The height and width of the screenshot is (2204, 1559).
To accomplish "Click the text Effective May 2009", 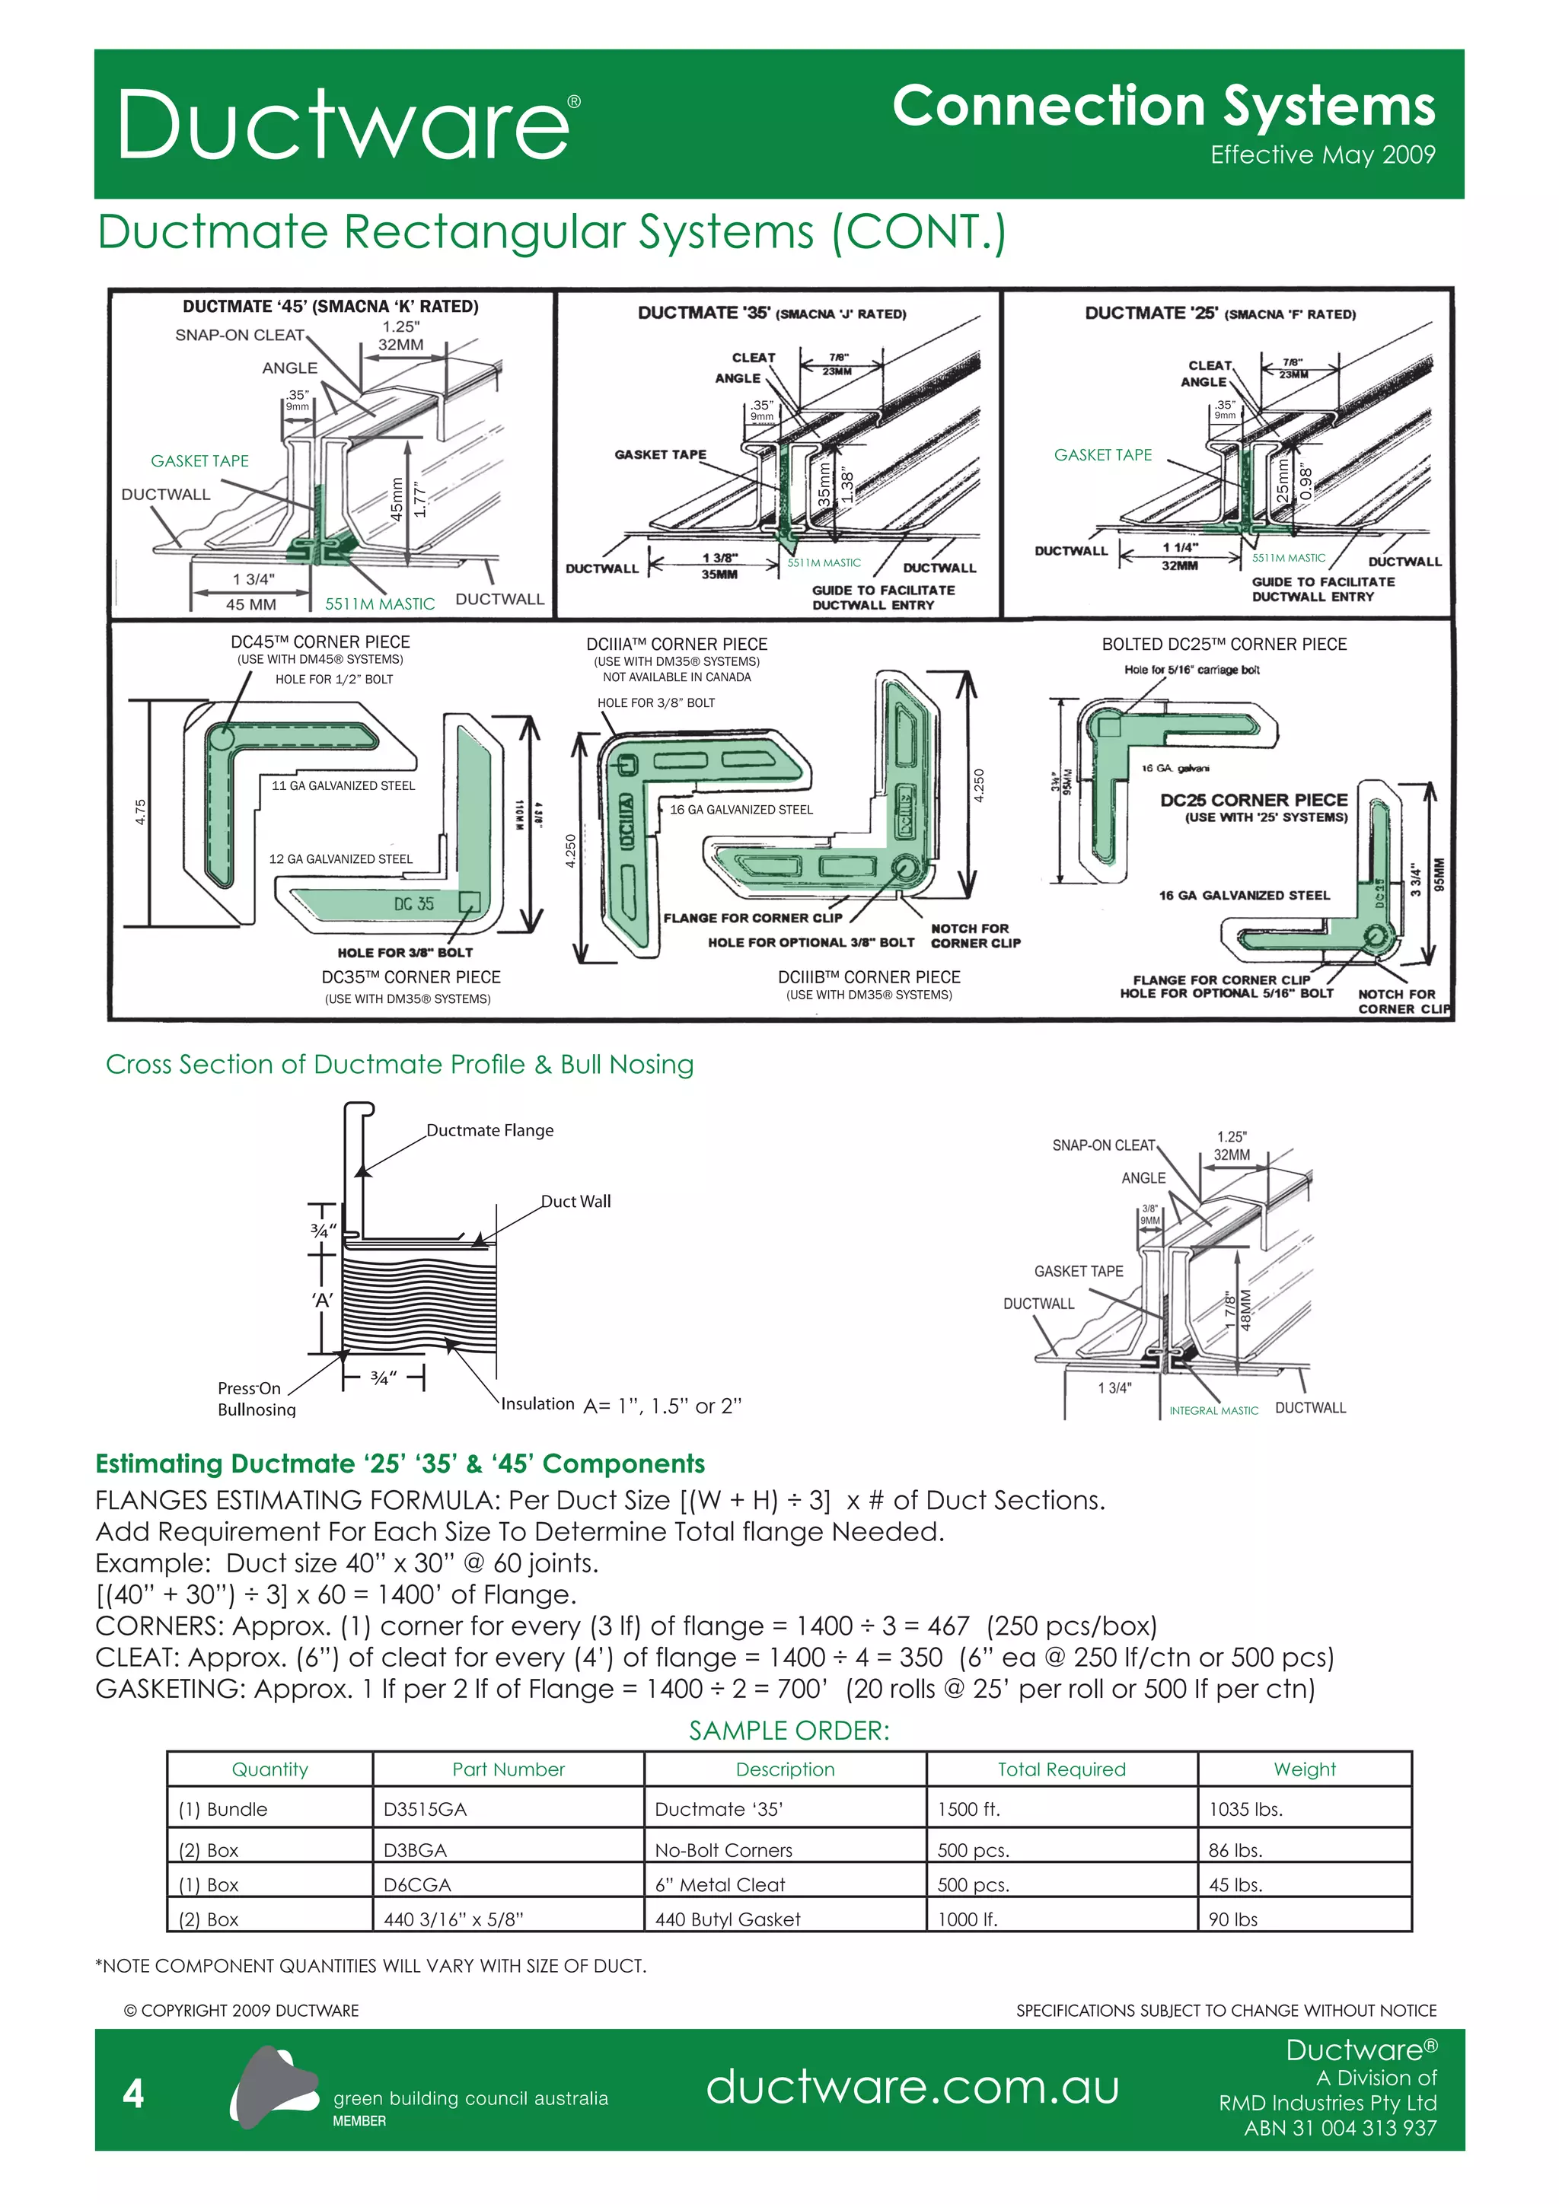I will coord(1322,155).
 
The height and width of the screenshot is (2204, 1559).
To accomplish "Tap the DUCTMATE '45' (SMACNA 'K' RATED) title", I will coord(330,306).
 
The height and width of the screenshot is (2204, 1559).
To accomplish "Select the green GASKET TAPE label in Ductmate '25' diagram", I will coord(1102,455).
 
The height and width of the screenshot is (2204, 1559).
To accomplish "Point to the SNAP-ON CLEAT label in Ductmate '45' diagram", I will coord(239,335).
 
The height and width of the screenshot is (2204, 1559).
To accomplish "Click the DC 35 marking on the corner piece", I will coord(414,903).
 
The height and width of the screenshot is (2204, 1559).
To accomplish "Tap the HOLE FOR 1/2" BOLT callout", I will coord(334,679).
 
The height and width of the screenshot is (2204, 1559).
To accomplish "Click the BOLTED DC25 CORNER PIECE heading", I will coord(1223,644).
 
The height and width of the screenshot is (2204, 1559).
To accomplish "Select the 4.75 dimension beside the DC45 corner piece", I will coord(140,812).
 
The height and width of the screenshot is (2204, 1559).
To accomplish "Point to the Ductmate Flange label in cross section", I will coord(489,1130).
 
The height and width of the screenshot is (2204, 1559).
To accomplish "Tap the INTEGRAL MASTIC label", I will coord(1213,1410).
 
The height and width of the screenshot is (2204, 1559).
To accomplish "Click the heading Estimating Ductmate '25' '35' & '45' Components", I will coord(400,1464).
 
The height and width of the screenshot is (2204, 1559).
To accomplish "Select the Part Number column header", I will coord(508,1769).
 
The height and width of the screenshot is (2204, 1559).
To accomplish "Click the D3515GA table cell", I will coord(426,1810).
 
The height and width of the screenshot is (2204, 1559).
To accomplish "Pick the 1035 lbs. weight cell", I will coord(1245,1810).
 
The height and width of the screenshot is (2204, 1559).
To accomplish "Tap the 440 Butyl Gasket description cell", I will coord(727,1919).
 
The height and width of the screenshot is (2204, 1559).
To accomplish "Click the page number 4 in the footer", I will coord(133,2094).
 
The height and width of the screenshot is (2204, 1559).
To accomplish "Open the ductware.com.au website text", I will coord(912,2087).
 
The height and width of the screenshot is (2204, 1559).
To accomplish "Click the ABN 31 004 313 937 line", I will coord(1340,2128).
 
